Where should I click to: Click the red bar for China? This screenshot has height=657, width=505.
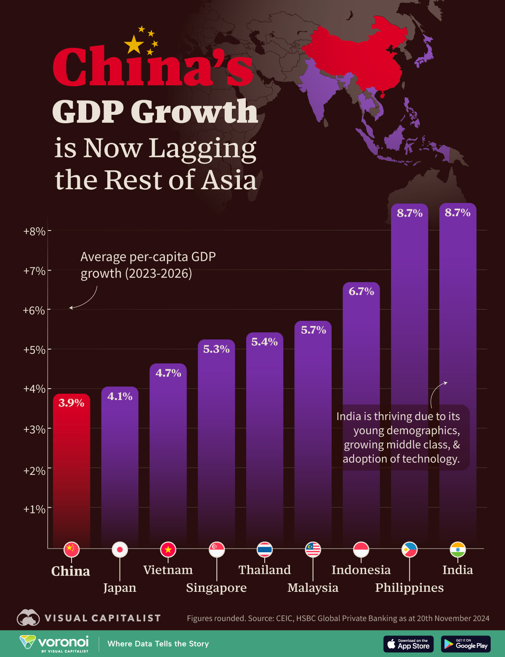point(71,471)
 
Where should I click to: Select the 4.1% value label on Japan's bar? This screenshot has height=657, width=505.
point(120,396)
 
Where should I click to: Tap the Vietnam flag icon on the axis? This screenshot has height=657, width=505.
point(168,549)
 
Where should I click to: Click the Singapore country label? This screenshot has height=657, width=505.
point(216,588)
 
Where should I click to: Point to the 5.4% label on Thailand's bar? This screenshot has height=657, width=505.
point(264,342)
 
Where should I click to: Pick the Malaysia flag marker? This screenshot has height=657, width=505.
point(313,549)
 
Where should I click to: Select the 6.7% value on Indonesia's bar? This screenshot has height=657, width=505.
point(361,291)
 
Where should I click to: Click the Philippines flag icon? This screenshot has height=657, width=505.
point(409,549)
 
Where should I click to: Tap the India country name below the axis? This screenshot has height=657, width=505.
point(457,570)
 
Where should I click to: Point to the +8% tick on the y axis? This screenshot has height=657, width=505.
point(35,231)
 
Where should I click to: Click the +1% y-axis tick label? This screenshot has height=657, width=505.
point(35,509)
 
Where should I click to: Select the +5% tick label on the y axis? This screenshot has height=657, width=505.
point(35,350)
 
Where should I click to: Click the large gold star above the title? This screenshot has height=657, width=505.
point(134,45)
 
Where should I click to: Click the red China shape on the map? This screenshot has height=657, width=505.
point(358,55)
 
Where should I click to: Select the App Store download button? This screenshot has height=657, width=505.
point(408,644)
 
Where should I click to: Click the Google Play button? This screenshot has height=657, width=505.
point(466,644)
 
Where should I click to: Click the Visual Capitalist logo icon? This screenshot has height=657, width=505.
point(28,618)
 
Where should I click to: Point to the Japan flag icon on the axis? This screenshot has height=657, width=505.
point(120,549)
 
